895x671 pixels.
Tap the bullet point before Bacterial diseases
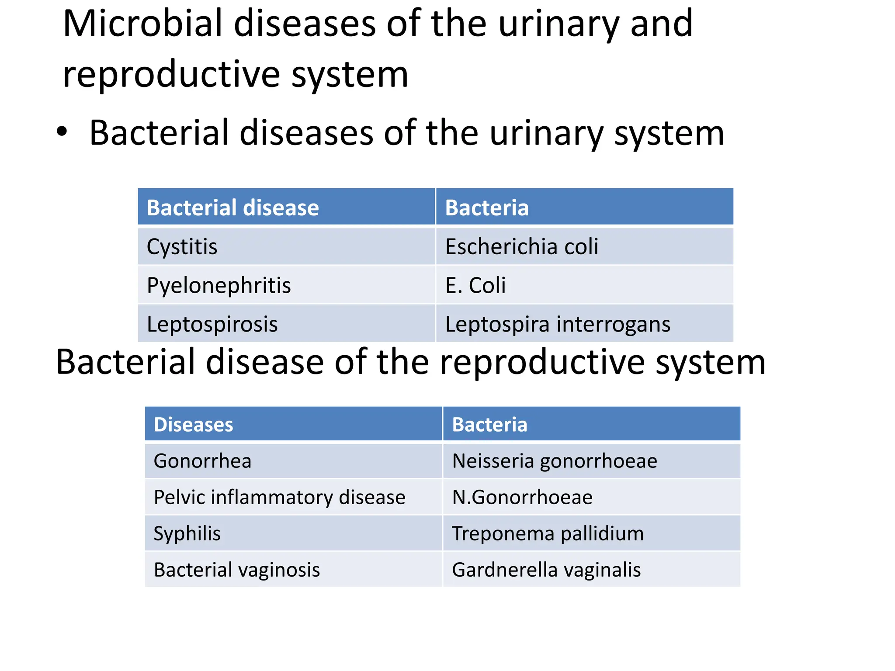pyautogui.click(x=62, y=131)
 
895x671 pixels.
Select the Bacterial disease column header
pyautogui.click(x=232, y=208)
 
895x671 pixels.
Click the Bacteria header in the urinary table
pyautogui.click(x=487, y=208)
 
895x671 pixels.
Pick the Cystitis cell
pyautogui.click(x=182, y=247)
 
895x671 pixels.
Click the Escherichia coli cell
pyautogui.click(x=521, y=247)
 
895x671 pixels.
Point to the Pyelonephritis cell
pyautogui.click(x=219, y=285)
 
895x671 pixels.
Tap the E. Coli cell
pyautogui.click(x=475, y=285)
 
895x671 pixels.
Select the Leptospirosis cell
pyautogui.click(x=212, y=324)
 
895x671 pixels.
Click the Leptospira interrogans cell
pyautogui.click(x=558, y=324)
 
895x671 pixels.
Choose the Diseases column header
pyautogui.click(x=193, y=425)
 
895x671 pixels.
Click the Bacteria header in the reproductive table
pyautogui.click(x=489, y=425)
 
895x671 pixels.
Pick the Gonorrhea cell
pyautogui.click(x=202, y=461)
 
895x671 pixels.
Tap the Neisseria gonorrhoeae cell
pyautogui.click(x=554, y=461)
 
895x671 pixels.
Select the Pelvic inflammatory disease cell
pyautogui.click(x=279, y=497)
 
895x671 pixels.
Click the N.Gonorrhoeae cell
pyautogui.click(x=522, y=497)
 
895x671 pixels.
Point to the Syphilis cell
pyautogui.click(x=187, y=533)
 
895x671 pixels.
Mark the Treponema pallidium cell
pyautogui.click(x=548, y=533)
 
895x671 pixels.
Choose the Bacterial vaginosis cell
pyautogui.click(x=236, y=570)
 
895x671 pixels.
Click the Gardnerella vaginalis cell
pyautogui.click(x=546, y=570)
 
